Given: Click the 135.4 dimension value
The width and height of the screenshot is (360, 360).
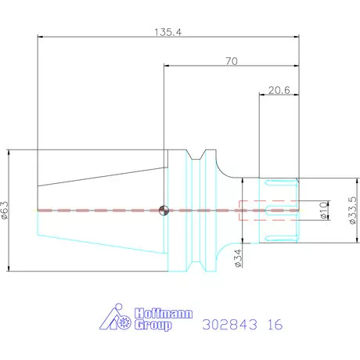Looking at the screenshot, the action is pos(167,32).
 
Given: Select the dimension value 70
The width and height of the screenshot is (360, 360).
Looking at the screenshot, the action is pos(232,61).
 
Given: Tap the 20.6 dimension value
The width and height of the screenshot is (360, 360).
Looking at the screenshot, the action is pos(279,90).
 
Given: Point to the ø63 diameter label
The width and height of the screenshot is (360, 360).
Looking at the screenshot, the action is pos(5,211).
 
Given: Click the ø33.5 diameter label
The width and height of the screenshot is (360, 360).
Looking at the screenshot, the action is pos(352,211).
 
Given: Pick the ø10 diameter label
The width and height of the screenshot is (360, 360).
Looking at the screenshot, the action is pos(323,211).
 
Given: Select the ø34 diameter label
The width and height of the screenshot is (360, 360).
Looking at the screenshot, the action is pos(239,258).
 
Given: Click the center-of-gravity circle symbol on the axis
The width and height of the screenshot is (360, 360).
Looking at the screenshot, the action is pos(164,211).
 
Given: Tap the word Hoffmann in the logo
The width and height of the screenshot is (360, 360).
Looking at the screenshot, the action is pos(164,313).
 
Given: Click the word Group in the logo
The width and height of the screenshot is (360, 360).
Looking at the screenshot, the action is pos(153,325).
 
